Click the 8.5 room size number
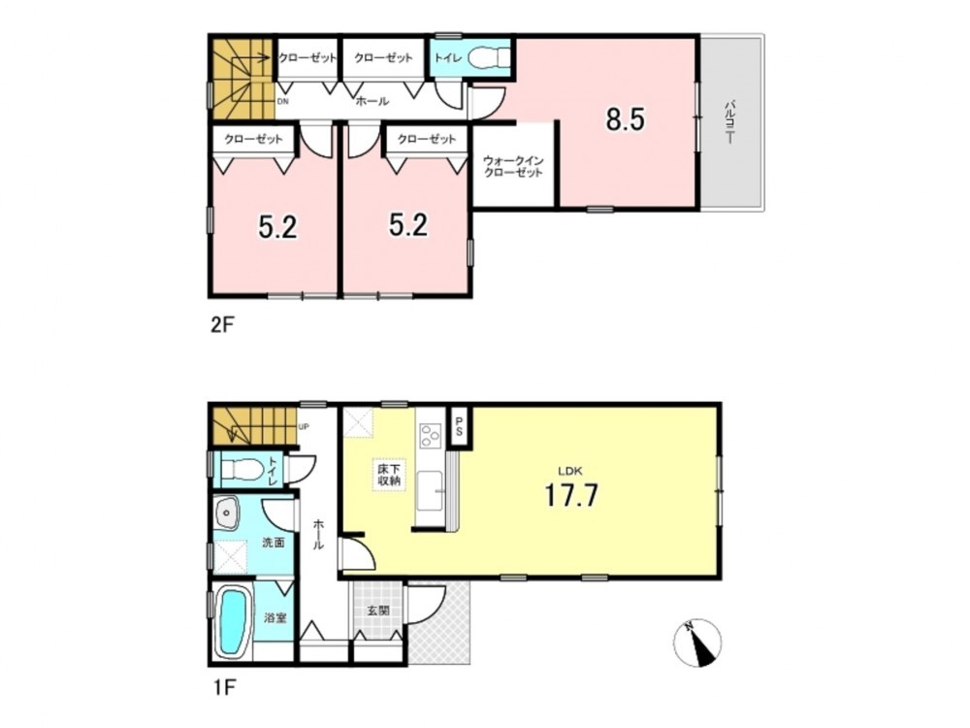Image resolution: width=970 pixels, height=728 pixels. (626, 119)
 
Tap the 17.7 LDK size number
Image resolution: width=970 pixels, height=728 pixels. (571, 495)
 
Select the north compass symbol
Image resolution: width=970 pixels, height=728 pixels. (697, 643)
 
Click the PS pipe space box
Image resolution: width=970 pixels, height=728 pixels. (460, 426)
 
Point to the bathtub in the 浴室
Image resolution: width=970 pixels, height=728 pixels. (233, 621)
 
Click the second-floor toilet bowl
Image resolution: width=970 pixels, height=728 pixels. (489, 59)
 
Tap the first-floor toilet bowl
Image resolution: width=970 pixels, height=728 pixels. (243, 469)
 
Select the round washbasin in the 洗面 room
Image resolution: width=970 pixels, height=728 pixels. (228, 513)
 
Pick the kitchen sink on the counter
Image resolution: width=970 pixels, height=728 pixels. (431, 490)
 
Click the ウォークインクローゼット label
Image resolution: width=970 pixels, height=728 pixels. (513, 167)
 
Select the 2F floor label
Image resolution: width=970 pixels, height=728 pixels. (223, 324)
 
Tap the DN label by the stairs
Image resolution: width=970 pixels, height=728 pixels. (282, 102)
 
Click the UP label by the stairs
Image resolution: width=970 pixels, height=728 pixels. (303, 426)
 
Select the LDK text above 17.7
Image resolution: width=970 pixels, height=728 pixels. (571, 470)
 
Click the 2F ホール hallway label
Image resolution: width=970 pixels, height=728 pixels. (372, 102)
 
